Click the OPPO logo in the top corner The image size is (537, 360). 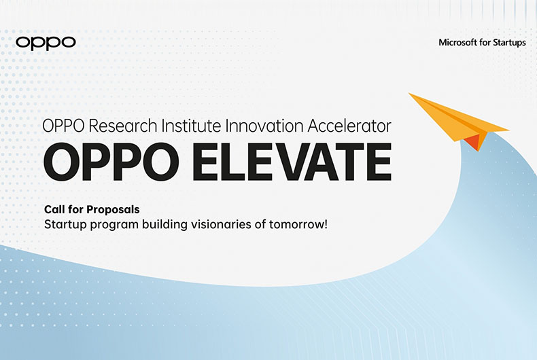click(46, 43)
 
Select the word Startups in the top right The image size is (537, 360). click(509, 43)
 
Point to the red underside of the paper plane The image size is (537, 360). click(474, 143)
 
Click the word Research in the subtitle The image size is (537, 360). click(123, 126)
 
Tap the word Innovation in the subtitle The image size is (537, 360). click(264, 126)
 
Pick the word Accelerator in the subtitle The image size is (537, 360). click(349, 126)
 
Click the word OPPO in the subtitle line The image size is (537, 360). click(63, 126)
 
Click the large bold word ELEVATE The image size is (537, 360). click(292, 162)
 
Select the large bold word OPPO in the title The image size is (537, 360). click(111, 162)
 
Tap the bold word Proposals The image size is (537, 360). click(113, 210)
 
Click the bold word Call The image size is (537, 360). click(54, 209)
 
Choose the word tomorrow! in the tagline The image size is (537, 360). click(298, 224)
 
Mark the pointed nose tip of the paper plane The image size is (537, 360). click(409, 93)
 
